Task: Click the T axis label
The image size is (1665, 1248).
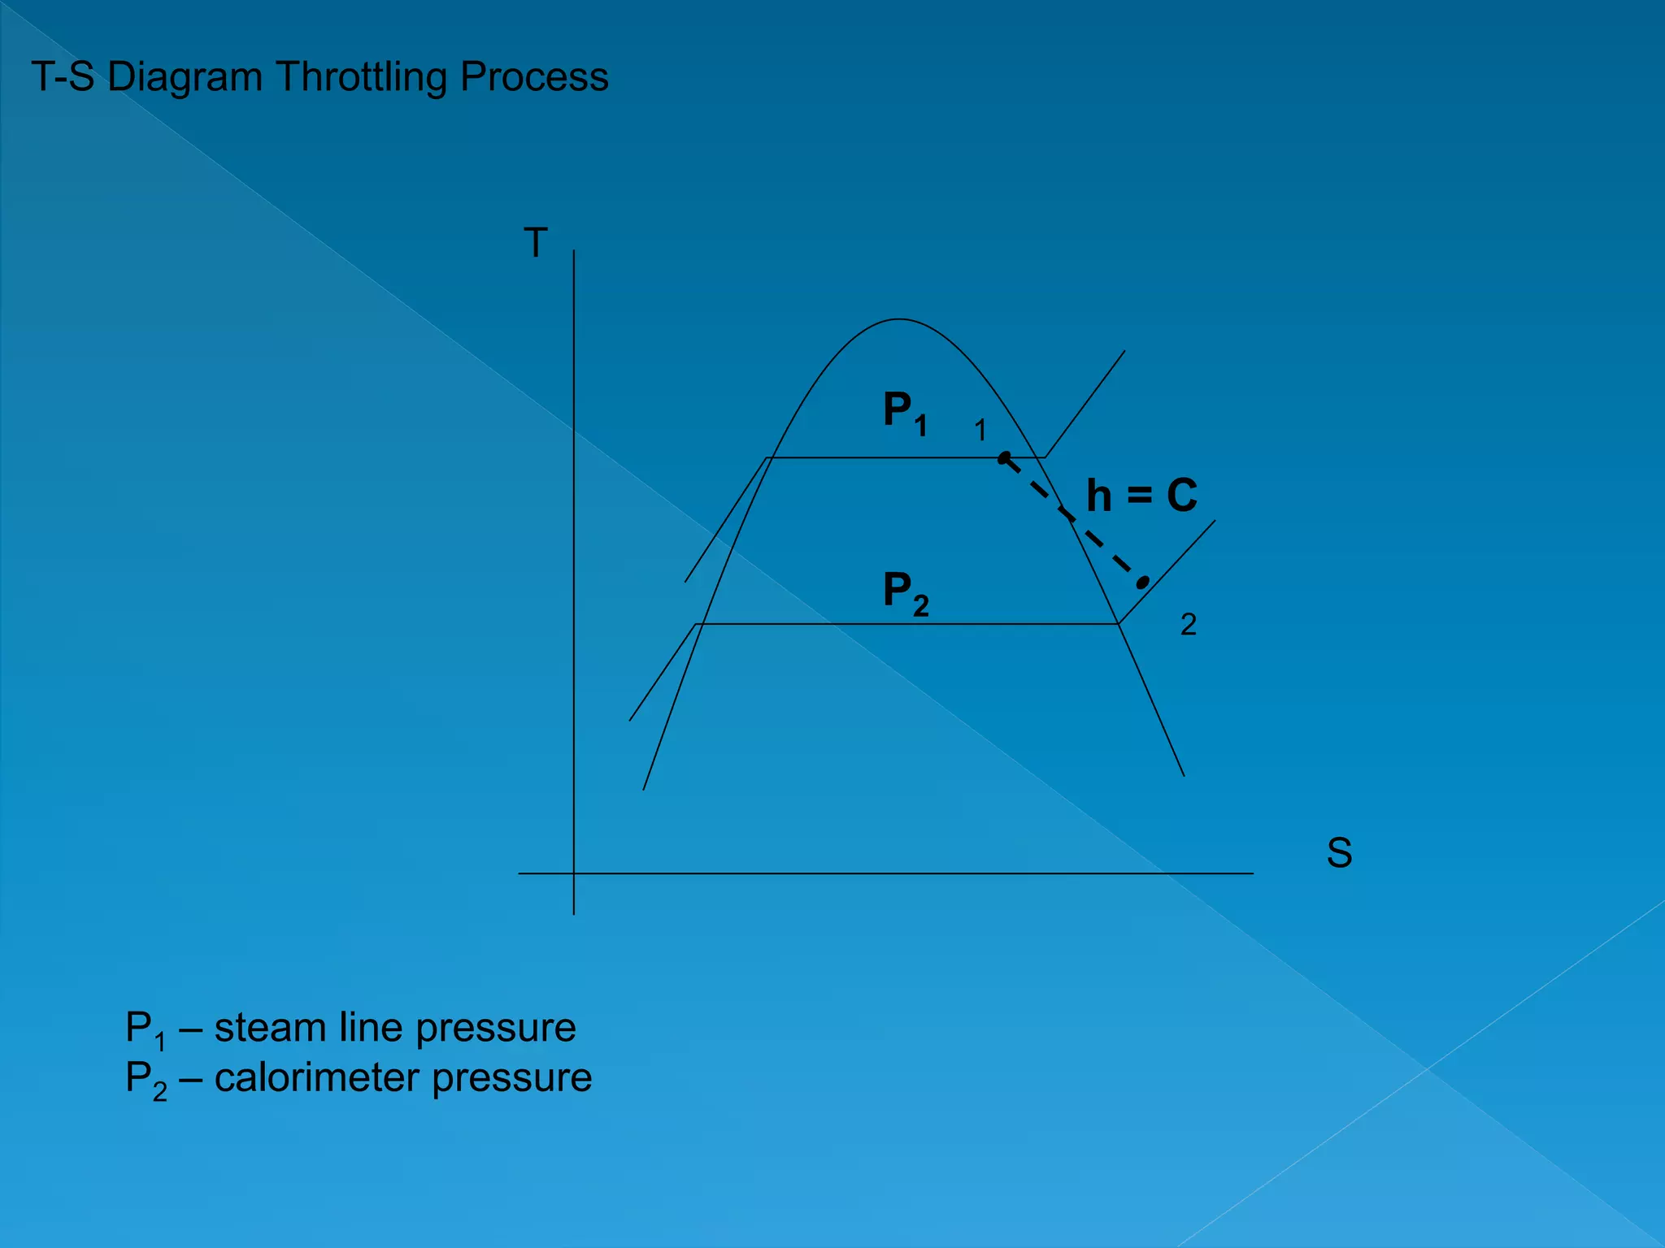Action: [x=535, y=243]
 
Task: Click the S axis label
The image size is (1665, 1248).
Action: [x=1339, y=853]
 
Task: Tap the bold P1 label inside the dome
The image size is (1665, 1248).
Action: [x=905, y=412]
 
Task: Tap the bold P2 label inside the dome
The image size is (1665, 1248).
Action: [x=905, y=592]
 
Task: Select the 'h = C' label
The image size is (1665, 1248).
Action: [x=1141, y=495]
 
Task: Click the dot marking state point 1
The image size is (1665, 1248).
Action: [x=1004, y=458]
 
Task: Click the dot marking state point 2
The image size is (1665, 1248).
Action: [x=1143, y=582]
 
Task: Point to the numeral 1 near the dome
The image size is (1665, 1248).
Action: [x=980, y=431]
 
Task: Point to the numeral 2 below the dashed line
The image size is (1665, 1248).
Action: [x=1188, y=625]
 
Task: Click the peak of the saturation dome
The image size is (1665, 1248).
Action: [x=898, y=319]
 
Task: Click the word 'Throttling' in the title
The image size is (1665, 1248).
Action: [x=362, y=78]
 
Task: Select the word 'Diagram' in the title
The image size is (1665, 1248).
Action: [x=185, y=78]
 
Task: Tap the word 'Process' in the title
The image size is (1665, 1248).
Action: [x=534, y=78]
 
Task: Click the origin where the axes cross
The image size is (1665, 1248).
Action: [x=574, y=873]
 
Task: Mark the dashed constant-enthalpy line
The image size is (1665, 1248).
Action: [x=1073, y=520]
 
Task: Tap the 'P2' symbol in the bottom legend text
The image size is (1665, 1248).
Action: [x=146, y=1081]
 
